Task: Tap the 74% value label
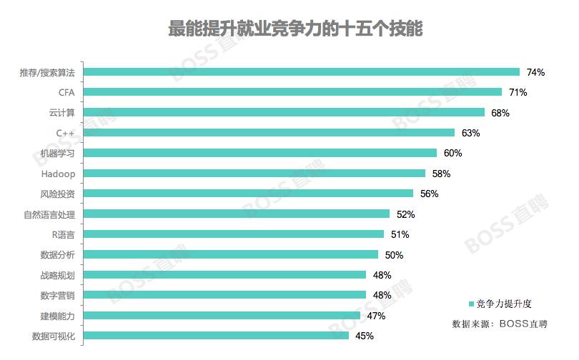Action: click(x=535, y=72)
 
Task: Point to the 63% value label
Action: click(x=470, y=133)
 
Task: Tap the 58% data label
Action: click(x=441, y=174)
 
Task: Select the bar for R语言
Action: click(x=234, y=234)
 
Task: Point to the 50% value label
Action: click(x=394, y=255)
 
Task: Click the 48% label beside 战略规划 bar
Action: click(x=382, y=275)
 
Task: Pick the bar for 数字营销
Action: click(x=225, y=295)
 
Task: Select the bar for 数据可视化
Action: click(x=217, y=336)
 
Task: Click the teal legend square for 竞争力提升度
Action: click(x=471, y=304)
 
